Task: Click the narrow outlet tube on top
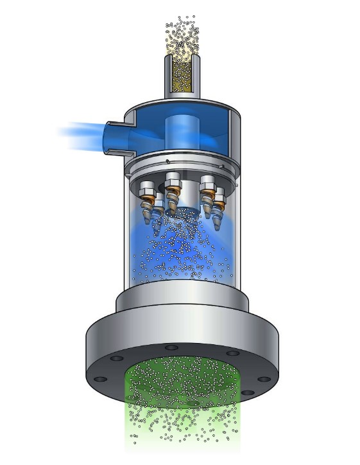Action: [183, 76]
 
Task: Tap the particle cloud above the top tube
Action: [184, 35]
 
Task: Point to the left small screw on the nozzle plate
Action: [167, 161]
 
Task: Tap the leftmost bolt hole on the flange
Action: [100, 378]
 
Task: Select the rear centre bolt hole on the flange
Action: [171, 347]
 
